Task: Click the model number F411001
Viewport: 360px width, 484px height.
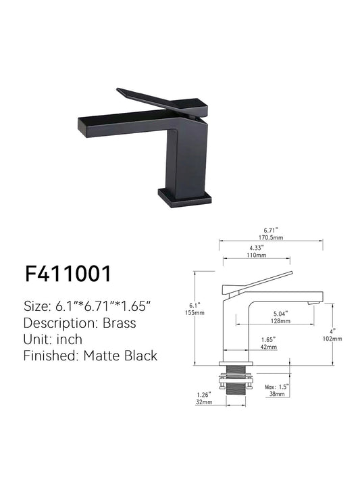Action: pos(68,274)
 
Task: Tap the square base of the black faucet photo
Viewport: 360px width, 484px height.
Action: pos(185,196)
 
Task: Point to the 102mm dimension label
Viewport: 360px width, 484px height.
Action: pos(338,338)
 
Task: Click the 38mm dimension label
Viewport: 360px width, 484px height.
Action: pos(274,393)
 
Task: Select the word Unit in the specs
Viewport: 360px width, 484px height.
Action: pos(36,339)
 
